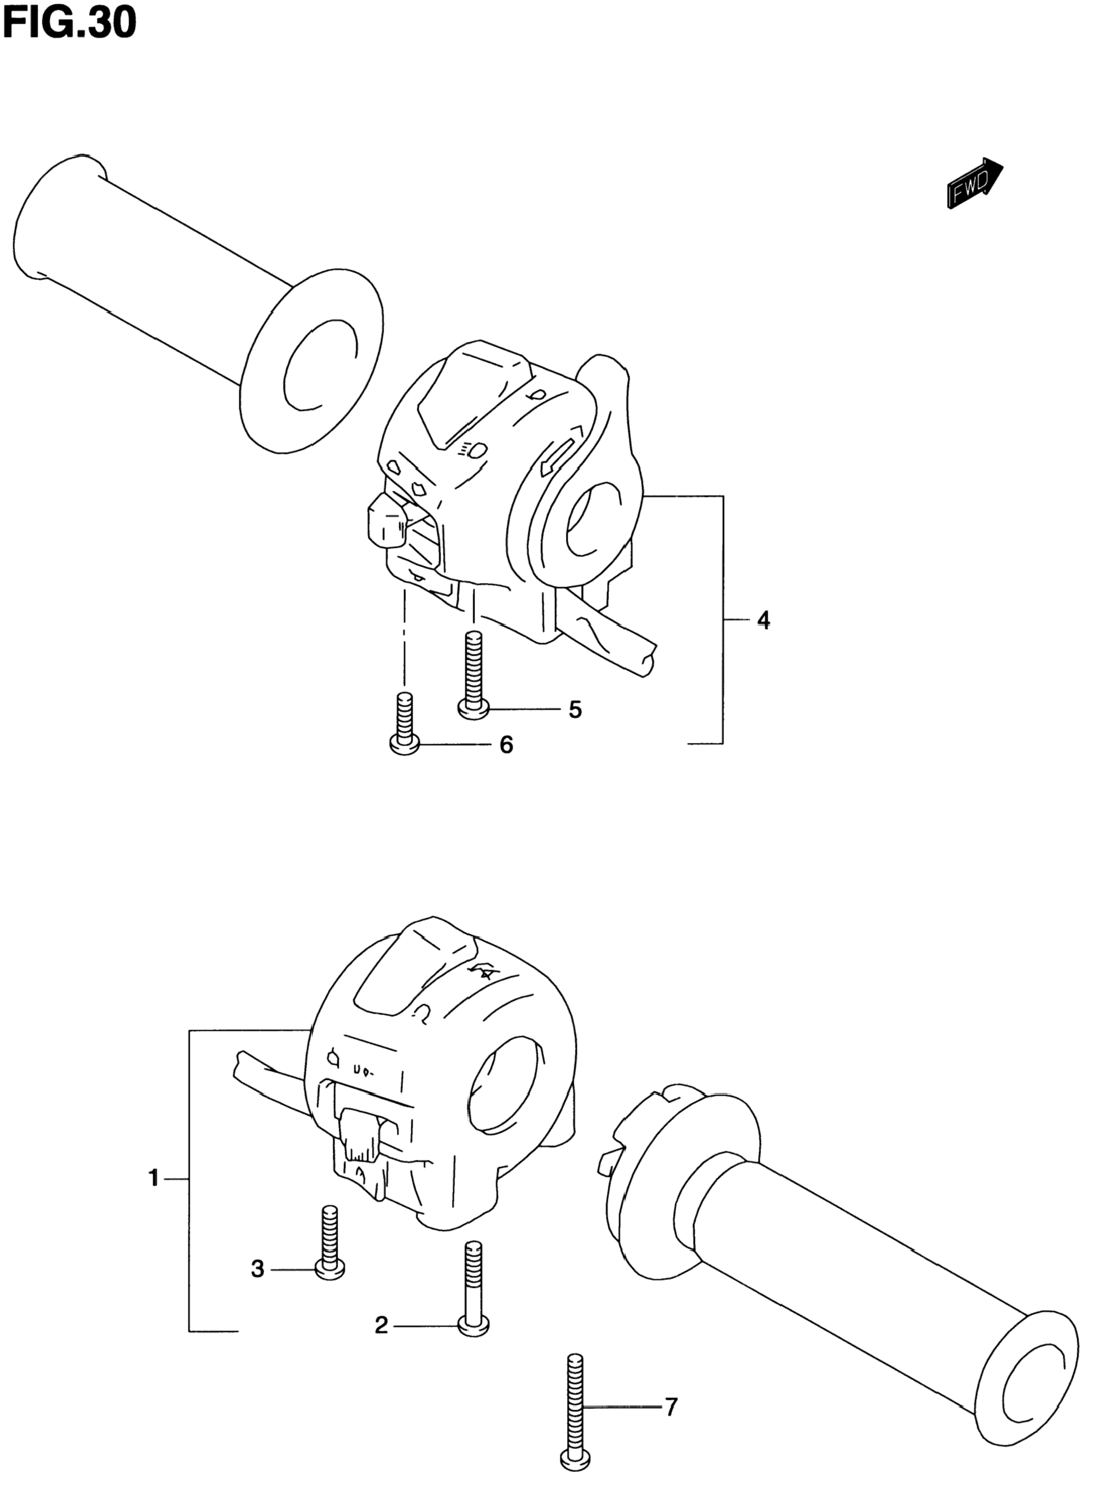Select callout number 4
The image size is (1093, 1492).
pos(763,620)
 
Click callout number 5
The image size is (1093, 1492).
pos(575,710)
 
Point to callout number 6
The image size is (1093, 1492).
pos(506,745)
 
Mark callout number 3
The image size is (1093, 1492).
pos(257,1269)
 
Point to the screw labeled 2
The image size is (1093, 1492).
pos(474,1289)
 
